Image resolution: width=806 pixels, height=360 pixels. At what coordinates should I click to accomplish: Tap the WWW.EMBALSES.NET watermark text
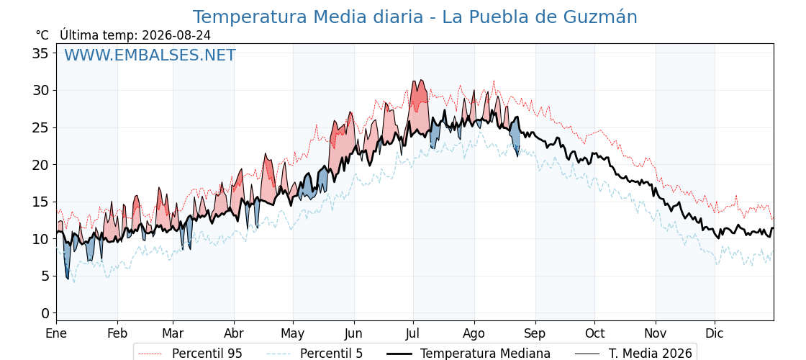(x=150, y=55)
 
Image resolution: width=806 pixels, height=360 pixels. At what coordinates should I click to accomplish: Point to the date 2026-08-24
(x=176, y=35)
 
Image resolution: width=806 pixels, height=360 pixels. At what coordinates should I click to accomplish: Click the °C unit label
(x=42, y=35)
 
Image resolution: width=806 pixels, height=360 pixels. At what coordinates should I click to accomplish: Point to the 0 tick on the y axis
(x=46, y=313)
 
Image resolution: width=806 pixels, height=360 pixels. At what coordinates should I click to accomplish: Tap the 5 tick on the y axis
(x=46, y=276)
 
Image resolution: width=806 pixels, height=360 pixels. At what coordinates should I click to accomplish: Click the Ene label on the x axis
(x=57, y=333)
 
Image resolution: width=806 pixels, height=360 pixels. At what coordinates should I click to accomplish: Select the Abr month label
(x=234, y=333)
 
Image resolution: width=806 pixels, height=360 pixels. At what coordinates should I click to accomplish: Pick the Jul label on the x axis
(x=413, y=333)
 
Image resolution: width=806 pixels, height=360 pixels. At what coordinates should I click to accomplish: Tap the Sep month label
(x=535, y=333)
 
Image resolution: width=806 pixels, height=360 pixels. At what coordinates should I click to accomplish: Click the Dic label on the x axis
(x=715, y=333)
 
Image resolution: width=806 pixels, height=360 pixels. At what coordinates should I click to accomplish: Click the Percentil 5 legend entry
(x=314, y=354)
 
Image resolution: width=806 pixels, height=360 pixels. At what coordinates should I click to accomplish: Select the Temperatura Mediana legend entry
(x=467, y=354)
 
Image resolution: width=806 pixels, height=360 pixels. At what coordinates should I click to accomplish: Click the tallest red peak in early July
(x=422, y=80)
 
